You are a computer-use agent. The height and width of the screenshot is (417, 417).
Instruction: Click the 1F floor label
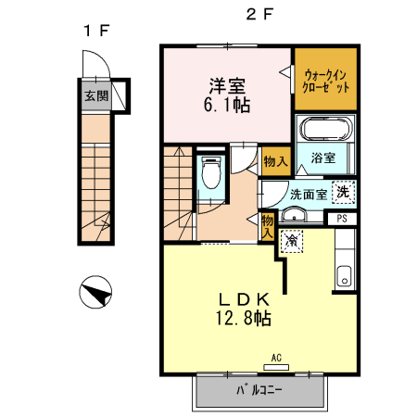coord(95,30)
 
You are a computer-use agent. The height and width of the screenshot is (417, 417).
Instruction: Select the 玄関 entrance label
coord(95,95)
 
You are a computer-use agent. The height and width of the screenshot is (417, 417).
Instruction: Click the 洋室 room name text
coord(226,86)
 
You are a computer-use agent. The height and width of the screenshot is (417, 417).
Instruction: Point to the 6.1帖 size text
coord(226,105)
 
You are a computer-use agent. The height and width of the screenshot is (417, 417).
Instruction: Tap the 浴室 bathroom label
coord(322,158)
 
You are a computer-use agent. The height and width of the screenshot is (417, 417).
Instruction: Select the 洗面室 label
coord(308,195)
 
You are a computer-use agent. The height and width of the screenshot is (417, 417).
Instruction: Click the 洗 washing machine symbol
coord(343,193)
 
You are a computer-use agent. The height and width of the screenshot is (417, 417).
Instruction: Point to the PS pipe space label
coord(342,220)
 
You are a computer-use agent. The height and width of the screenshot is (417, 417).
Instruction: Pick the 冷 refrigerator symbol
coord(291,241)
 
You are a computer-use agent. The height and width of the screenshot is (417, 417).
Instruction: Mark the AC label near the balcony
coord(276,357)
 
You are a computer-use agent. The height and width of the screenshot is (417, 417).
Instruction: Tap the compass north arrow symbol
coord(95,294)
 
